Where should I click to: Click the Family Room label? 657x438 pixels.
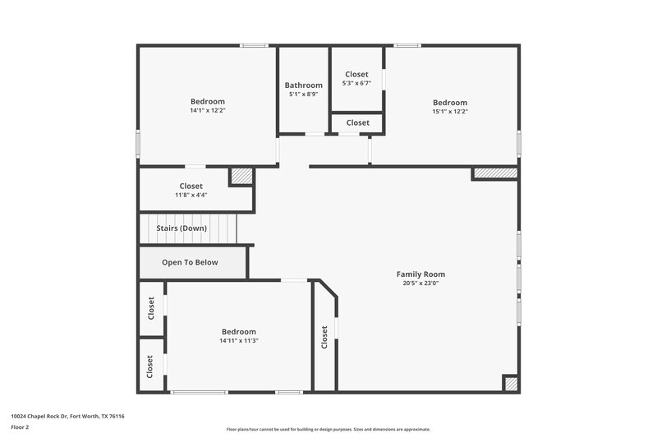pyautogui.click(x=420, y=274)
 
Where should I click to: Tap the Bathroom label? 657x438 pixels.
pyautogui.click(x=303, y=85)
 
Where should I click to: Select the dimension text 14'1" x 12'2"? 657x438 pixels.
pyautogui.click(x=207, y=110)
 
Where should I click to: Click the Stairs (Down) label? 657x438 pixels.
pyautogui.click(x=182, y=228)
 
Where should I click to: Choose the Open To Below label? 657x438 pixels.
pyautogui.click(x=190, y=263)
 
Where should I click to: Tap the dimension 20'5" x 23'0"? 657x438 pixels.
pyautogui.click(x=420, y=284)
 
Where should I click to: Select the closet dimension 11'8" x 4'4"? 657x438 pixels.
pyautogui.click(x=191, y=196)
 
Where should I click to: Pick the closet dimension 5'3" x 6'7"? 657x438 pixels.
pyautogui.click(x=356, y=83)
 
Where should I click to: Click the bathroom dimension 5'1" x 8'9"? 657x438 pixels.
pyautogui.click(x=303, y=95)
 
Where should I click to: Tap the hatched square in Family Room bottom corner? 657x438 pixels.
pyautogui.click(x=510, y=384)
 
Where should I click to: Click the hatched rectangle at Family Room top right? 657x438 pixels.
pyautogui.click(x=494, y=173)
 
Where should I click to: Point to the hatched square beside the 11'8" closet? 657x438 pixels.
pyautogui.click(x=241, y=176)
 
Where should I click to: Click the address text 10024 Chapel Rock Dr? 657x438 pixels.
pyautogui.click(x=67, y=416)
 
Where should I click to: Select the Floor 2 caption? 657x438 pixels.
pyautogui.click(x=21, y=427)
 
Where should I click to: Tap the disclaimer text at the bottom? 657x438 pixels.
pyautogui.click(x=328, y=429)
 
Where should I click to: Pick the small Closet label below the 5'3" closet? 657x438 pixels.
pyautogui.click(x=357, y=122)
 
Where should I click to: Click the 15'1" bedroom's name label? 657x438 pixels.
pyautogui.click(x=450, y=103)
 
